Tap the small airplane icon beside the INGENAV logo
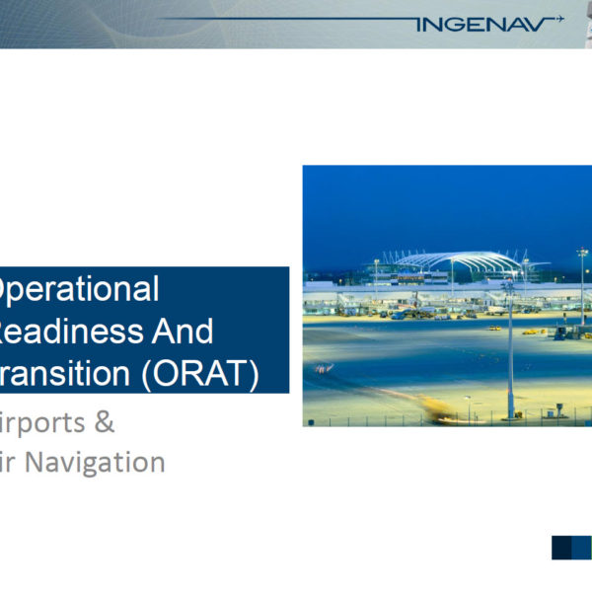click(558, 18)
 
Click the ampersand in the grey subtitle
click(104, 423)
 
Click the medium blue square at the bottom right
click(582, 548)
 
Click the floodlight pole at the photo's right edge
click(582, 286)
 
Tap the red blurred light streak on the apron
click(324, 368)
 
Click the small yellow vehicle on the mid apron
click(528, 332)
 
